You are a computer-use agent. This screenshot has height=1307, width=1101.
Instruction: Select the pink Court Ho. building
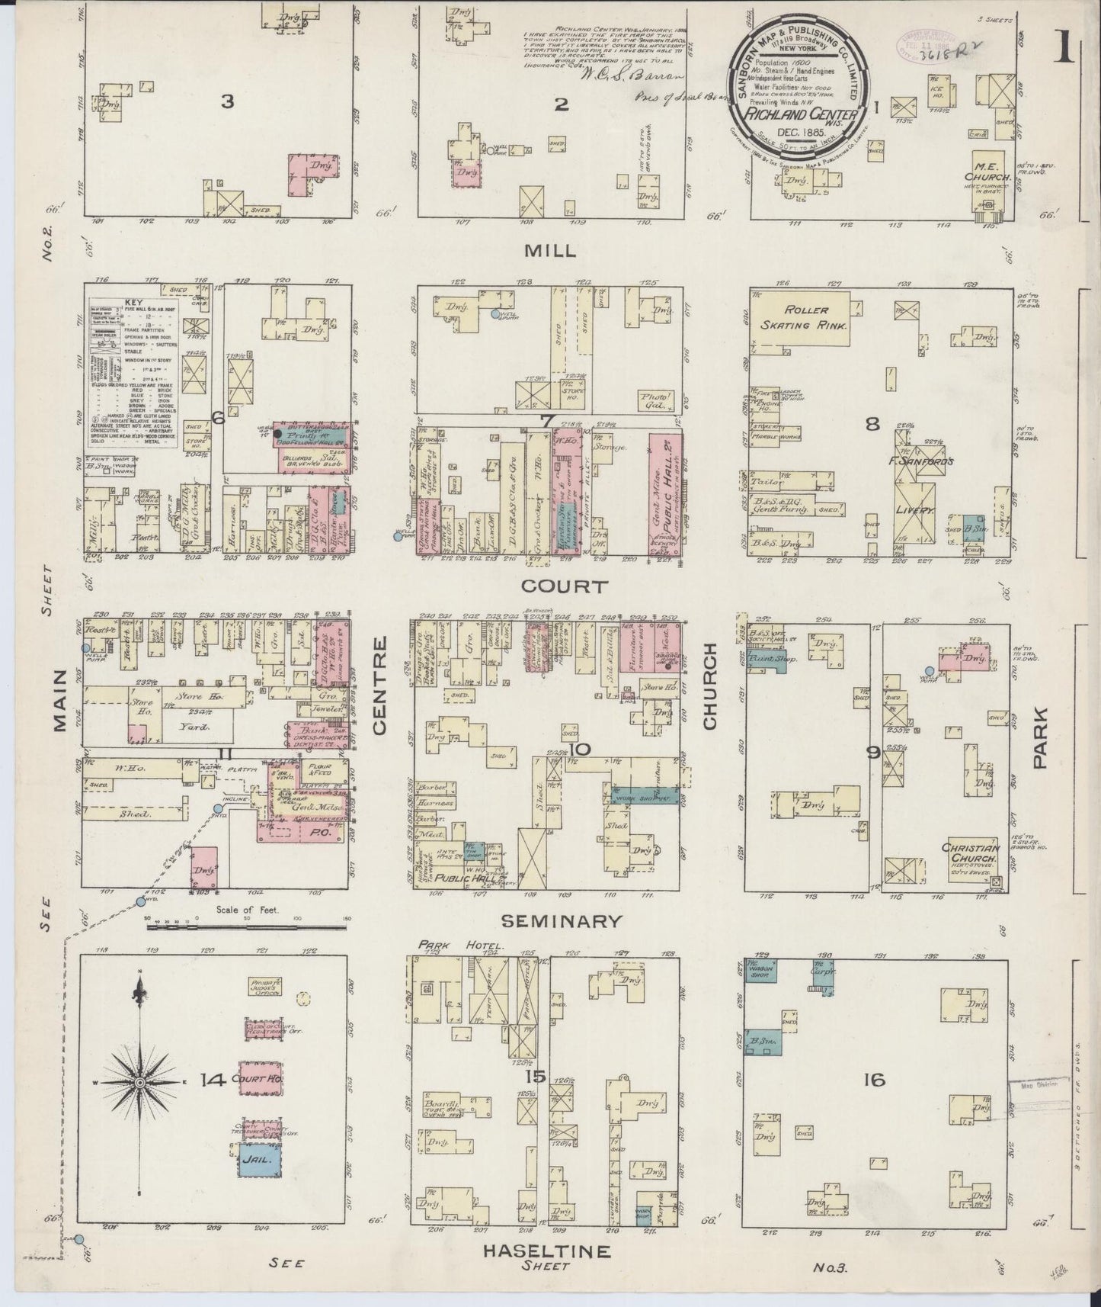click(258, 1080)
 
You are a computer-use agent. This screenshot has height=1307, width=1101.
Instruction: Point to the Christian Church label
click(970, 853)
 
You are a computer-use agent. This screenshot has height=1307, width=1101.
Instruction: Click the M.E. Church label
click(993, 172)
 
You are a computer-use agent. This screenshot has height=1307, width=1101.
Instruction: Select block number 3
click(226, 101)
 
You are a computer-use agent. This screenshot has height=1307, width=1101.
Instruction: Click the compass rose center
click(140, 1082)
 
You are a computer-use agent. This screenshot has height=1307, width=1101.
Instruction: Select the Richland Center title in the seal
click(808, 117)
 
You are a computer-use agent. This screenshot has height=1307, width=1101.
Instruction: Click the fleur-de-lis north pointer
click(140, 993)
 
